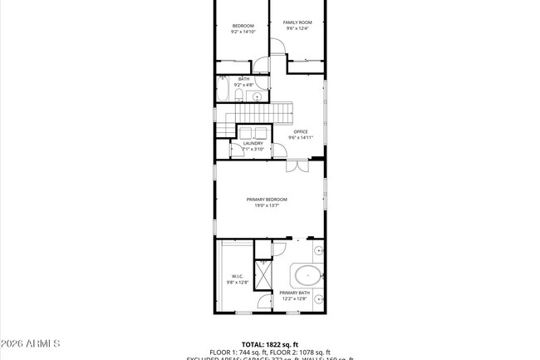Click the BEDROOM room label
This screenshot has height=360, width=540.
pyautogui.click(x=243, y=26)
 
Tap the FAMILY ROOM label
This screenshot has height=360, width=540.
pyautogui.click(x=297, y=22)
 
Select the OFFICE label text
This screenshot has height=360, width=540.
pyautogui.click(x=300, y=131)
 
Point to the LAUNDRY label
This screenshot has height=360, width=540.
pyautogui.click(x=253, y=143)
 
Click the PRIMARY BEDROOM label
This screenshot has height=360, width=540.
pyautogui.click(x=267, y=200)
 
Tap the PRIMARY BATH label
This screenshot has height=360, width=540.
pyautogui.click(x=294, y=293)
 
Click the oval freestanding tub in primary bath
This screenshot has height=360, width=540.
pyautogui.click(x=306, y=274)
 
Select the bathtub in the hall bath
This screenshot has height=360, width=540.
pyautogui.click(x=223, y=90)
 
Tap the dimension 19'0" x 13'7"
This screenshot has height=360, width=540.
pyautogui.click(x=267, y=205)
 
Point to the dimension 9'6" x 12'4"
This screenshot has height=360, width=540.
pyautogui.click(x=297, y=28)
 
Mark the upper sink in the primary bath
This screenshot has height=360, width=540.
pyautogui.click(x=320, y=249)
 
